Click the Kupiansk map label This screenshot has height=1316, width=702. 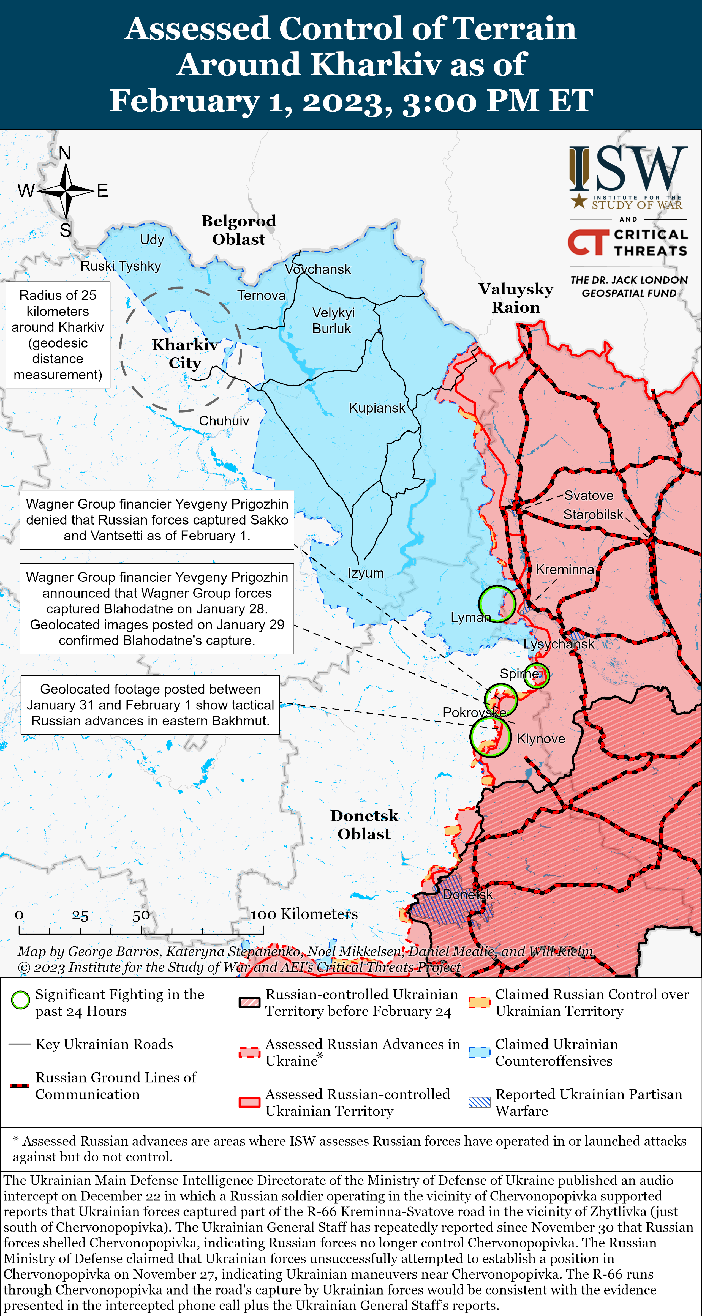tap(377, 408)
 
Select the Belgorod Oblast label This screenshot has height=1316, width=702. tap(239, 230)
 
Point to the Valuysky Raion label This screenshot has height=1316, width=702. tap(516, 298)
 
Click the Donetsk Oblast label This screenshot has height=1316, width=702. tap(364, 824)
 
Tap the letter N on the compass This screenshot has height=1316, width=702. tap(65, 153)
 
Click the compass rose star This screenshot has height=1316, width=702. tap(66, 190)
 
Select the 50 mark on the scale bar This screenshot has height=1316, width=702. tap(141, 916)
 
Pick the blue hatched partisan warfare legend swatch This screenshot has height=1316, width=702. tap(479, 1102)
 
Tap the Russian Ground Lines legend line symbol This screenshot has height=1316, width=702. tap(20, 1085)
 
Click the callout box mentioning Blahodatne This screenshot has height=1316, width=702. tap(157, 608)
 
